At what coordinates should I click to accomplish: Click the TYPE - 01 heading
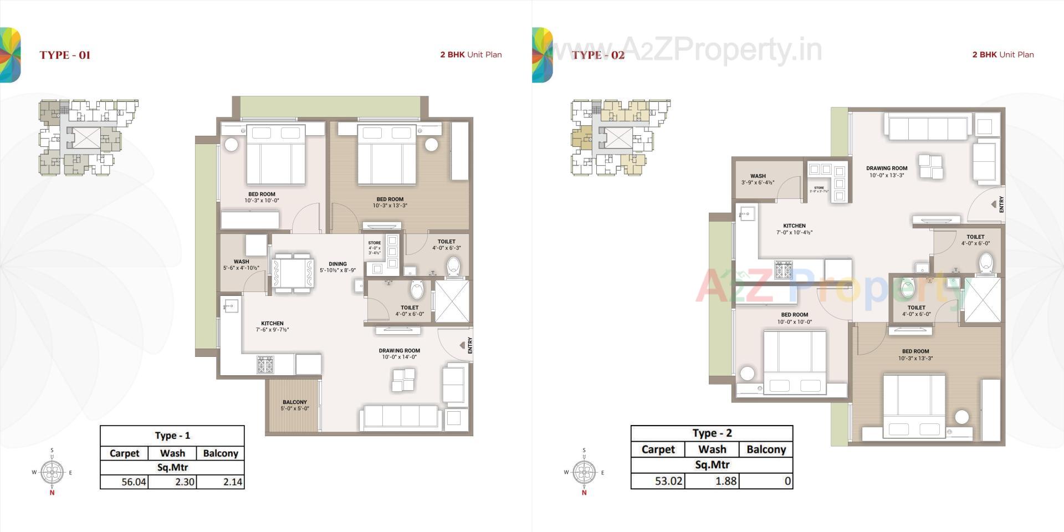65,55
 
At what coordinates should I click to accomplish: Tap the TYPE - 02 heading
598,55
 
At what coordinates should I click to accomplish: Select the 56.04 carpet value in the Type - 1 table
134,482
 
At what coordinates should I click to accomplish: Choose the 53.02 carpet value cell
668,480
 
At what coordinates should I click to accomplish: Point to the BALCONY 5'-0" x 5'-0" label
295,406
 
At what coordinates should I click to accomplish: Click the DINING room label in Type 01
337,267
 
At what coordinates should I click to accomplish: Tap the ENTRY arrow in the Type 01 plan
462,345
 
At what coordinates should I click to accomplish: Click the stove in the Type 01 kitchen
265,364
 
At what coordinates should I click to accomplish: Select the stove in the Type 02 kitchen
784,269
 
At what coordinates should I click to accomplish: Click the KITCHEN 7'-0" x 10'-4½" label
794,229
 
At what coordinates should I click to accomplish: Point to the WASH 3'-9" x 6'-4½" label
758,179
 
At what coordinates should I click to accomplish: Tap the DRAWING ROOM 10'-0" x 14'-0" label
399,354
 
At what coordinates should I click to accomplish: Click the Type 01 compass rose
52,472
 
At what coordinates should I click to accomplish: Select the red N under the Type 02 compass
584,493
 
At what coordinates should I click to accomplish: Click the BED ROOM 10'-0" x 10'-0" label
794,318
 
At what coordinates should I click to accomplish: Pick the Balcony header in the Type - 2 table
766,449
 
